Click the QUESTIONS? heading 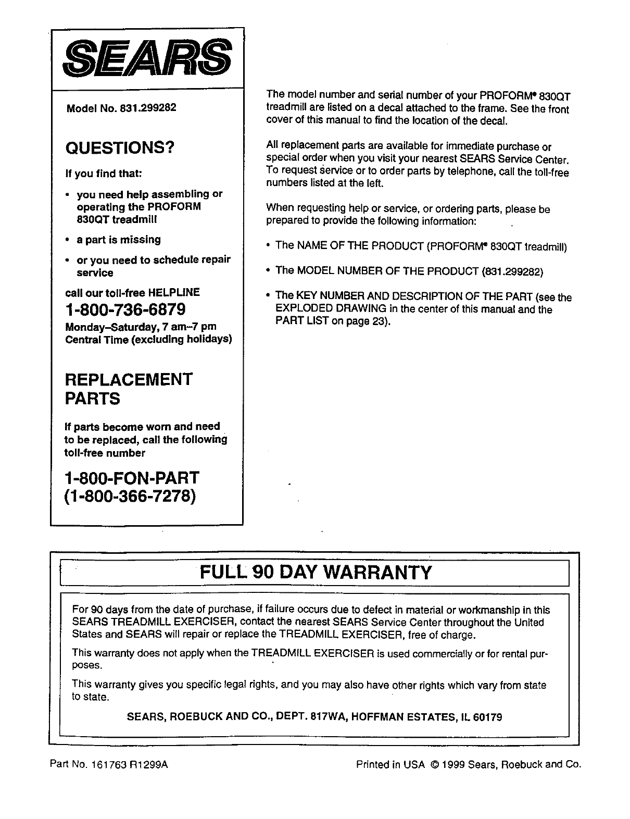(x=119, y=148)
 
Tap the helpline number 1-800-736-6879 (x=125, y=309)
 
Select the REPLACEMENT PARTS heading (x=129, y=389)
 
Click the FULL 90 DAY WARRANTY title (x=316, y=572)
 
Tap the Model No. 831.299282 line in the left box (x=121, y=108)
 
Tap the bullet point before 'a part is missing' (x=68, y=240)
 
